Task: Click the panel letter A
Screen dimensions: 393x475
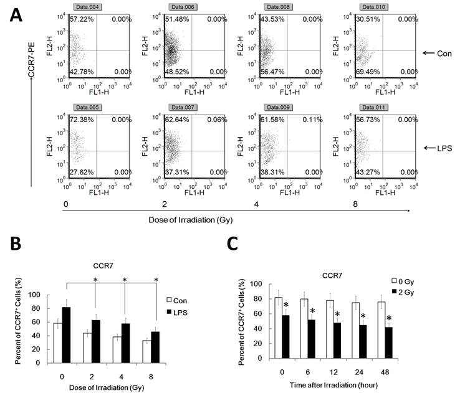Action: point(19,14)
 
